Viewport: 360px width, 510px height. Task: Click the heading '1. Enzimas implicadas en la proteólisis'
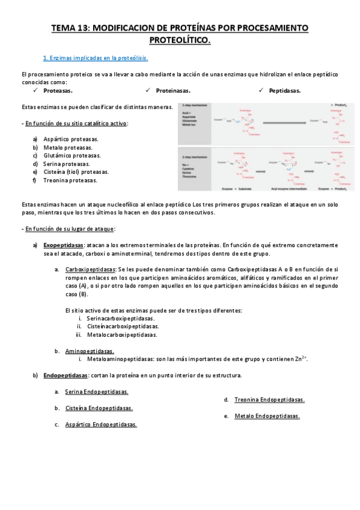96,58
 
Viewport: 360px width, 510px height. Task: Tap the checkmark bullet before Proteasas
37,90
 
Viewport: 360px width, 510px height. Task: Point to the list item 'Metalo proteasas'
68,147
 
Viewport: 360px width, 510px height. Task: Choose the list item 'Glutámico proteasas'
72,155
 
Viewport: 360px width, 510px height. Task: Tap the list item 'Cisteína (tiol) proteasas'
76,172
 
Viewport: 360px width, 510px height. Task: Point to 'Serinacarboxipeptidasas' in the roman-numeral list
120,318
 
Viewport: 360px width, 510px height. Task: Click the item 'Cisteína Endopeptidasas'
99,408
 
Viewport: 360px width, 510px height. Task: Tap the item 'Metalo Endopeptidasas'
267,416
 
